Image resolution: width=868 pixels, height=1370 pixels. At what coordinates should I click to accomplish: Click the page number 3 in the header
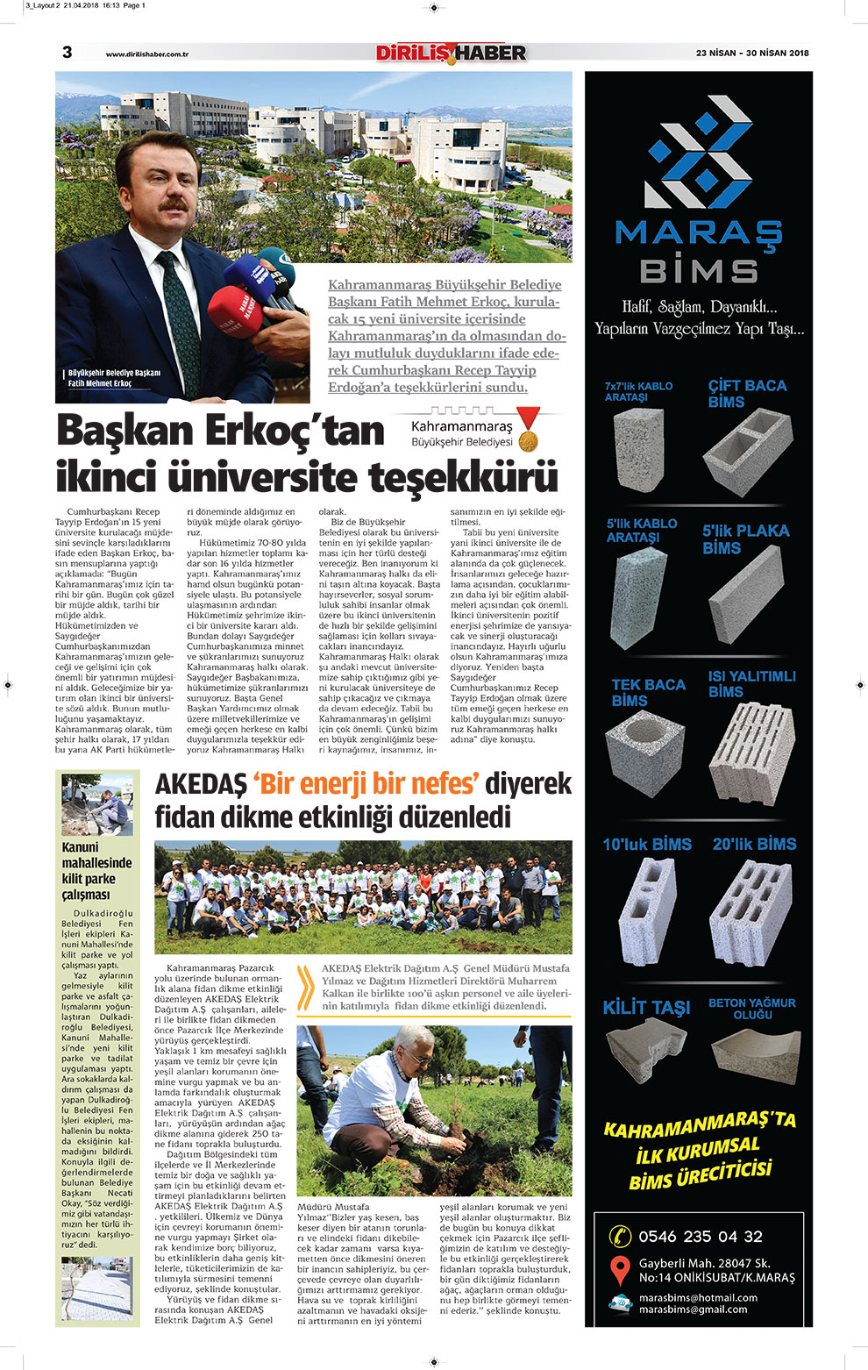(67, 53)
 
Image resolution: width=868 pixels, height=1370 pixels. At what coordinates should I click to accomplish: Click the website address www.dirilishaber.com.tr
(147, 54)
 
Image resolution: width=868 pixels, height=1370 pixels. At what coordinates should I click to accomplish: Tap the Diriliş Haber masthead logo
(451, 54)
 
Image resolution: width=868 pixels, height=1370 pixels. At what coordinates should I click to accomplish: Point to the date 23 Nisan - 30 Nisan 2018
(752, 54)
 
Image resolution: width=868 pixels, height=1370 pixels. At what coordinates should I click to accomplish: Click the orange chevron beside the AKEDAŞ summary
(306, 988)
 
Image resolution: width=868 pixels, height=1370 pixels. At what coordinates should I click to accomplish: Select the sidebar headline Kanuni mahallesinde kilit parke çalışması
(96, 871)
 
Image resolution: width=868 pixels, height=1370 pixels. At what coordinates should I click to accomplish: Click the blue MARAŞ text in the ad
(698, 234)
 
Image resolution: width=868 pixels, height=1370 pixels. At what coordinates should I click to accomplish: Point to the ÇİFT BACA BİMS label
(747, 394)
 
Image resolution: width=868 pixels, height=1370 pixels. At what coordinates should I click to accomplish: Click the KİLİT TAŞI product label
(646, 1008)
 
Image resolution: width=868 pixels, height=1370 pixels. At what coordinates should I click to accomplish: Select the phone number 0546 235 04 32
(701, 1237)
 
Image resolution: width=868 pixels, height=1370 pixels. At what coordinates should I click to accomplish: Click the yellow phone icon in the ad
(620, 1237)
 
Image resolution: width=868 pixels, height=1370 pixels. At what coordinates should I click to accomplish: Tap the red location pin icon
(620, 1270)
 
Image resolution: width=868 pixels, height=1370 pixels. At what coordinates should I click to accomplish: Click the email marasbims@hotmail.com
(698, 1297)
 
